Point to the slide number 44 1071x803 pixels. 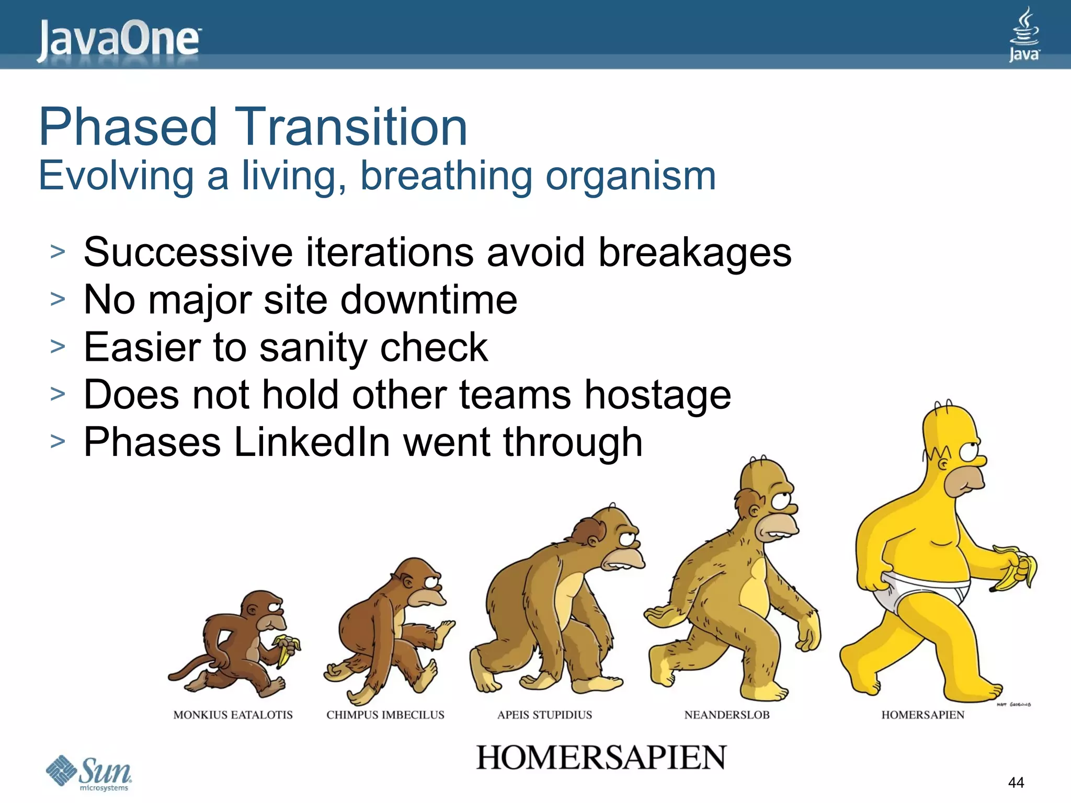coord(1016,782)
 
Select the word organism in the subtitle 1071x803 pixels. coord(631,176)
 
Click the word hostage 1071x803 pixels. coord(657,395)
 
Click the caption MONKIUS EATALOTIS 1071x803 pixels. coord(233,715)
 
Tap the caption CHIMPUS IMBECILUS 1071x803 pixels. coord(385,715)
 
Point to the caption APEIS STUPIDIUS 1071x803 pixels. coord(544,715)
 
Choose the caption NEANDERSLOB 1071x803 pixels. coord(726,715)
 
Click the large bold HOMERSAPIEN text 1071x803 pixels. coord(601,758)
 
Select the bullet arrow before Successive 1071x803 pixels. coord(58,252)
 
